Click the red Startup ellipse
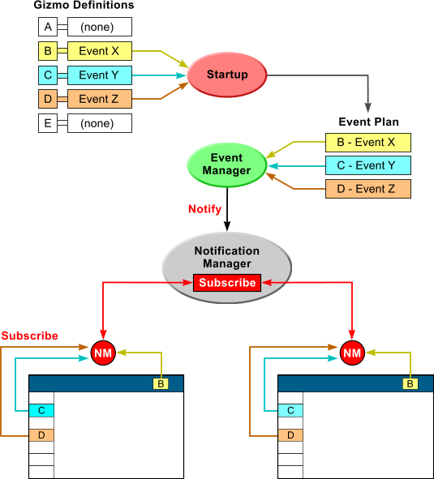click(227, 75)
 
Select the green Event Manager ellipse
click(227, 165)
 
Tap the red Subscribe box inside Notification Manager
click(227, 283)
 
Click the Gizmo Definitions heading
click(84, 5)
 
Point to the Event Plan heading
click(368, 122)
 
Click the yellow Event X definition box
click(100, 51)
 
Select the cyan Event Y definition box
click(100, 75)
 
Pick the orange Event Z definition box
click(100, 99)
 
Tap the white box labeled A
click(48, 27)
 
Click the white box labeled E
click(48, 123)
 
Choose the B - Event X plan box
click(368, 143)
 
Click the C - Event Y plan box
click(368, 165)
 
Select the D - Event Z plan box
click(368, 189)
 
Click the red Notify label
click(205, 209)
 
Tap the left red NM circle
click(103, 353)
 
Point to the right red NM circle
click(352, 353)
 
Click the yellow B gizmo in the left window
click(161, 383)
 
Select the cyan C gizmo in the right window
click(290, 410)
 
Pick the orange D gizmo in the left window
click(41, 435)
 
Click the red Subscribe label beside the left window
click(30, 336)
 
